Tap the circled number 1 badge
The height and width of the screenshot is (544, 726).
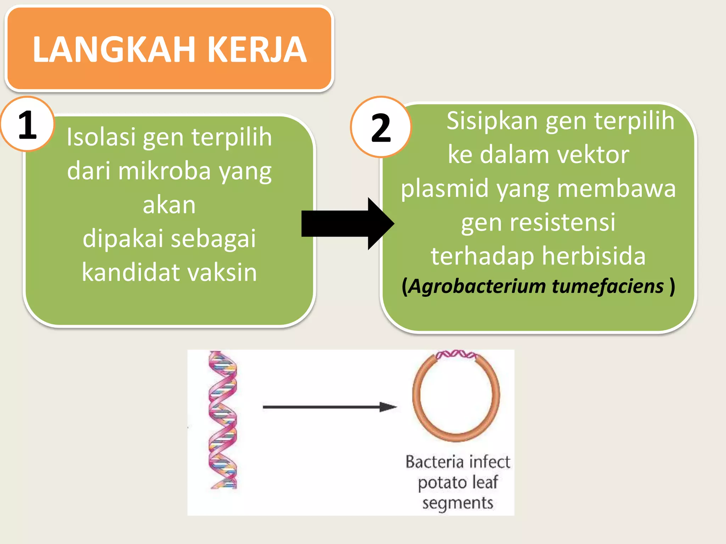click(x=27, y=124)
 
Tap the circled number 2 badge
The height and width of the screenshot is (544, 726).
click(x=381, y=127)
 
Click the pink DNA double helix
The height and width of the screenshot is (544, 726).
click(x=223, y=420)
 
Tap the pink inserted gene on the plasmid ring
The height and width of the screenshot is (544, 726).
click(x=456, y=355)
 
